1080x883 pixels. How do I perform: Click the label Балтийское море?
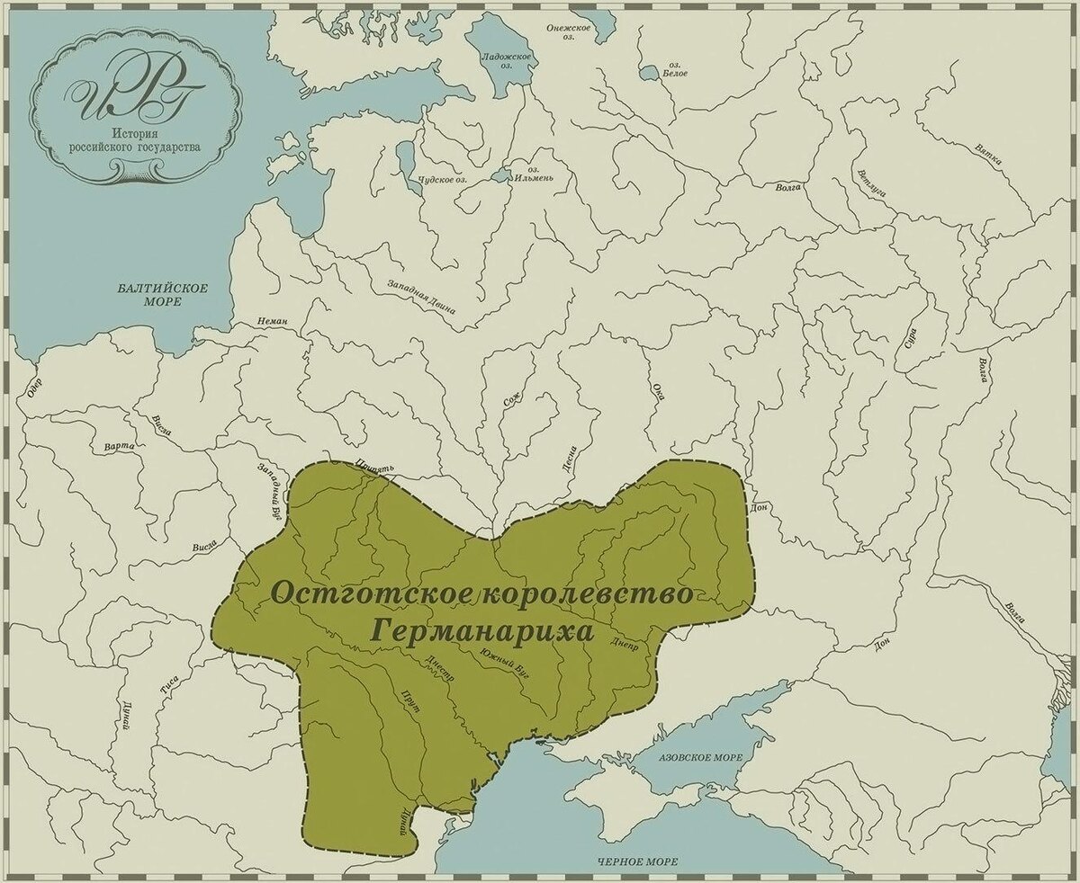[x=163, y=295]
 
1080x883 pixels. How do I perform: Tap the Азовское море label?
[x=701, y=758]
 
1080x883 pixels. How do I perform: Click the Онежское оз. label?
[x=569, y=32]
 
